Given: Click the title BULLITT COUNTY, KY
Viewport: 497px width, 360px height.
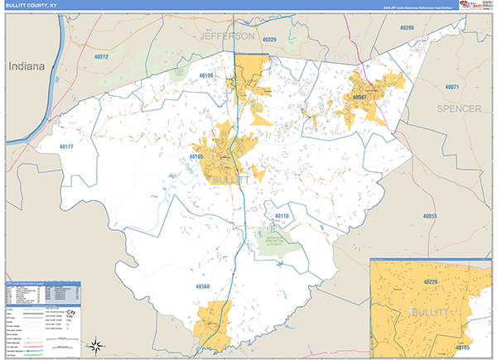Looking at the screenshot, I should pyautogui.click(x=32, y=5).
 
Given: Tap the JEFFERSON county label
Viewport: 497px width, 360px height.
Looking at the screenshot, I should pyautogui.click(x=227, y=37).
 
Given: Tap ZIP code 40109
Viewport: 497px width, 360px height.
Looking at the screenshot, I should pyautogui.click(x=206, y=75).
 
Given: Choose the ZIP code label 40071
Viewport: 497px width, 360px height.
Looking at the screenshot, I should pyautogui.click(x=451, y=87).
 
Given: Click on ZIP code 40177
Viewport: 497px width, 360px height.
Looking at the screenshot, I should pyautogui.click(x=67, y=146).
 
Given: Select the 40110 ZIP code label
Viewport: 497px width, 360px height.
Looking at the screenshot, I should pyautogui.click(x=282, y=216).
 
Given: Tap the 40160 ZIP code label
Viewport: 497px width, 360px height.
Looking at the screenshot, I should pyautogui.click(x=204, y=286).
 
